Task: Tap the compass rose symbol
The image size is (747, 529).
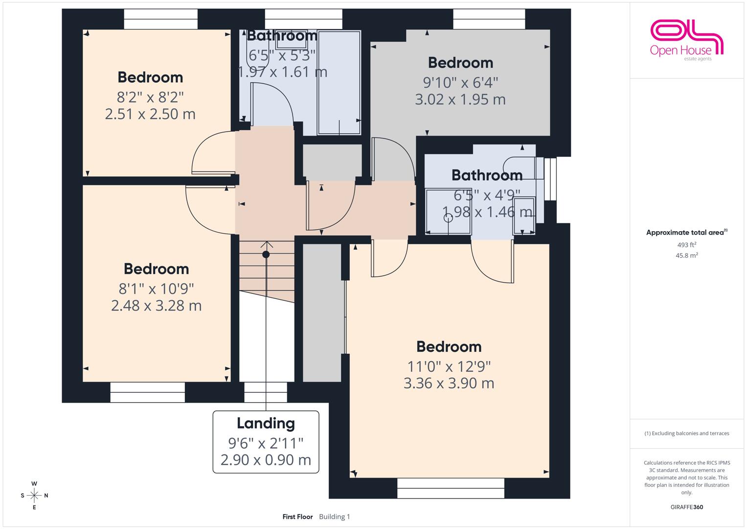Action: pyautogui.click(x=34, y=496)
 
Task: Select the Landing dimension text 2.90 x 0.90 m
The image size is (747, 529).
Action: pyautogui.click(x=266, y=460)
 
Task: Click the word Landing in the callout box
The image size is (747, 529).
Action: pyautogui.click(x=266, y=424)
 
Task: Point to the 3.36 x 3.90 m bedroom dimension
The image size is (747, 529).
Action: pyautogui.click(x=449, y=383)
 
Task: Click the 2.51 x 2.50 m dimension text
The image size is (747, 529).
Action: pyautogui.click(x=150, y=114)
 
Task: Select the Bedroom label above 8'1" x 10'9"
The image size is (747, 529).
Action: pyautogui.click(x=157, y=269)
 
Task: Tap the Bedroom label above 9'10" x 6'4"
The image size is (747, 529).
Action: pyautogui.click(x=460, y=63)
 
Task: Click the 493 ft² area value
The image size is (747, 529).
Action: pyautogui.click(x=687, y=245)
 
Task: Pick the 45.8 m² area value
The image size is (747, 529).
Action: pyautogui.click(x=687, y=256)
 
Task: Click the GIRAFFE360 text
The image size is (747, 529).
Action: pyautogui.click(x=687, y=507)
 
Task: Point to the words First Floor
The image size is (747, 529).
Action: pyautogui.click(x=297, y=517)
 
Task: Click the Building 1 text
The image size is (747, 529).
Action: pyautogui.click(x=335, y=517)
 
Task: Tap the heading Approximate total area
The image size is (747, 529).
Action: pyautogui.click(x=687, y=232)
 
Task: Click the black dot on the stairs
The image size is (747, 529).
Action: pyautogui.click(x=266, y=255)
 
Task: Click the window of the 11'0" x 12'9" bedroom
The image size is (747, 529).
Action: pyautogui.click(x=451, y=488)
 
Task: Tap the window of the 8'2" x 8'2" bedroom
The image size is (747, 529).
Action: pyautogui.click(x=161, y=19)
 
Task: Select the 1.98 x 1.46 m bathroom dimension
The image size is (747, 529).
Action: pyautogui.click(x=487, y=212)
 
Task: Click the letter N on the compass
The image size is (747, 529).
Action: pyautogui.click(x=46, y=496)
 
